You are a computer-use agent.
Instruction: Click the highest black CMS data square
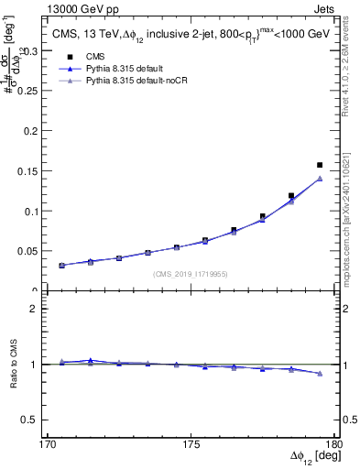pyautogui.click(x=320, y=165)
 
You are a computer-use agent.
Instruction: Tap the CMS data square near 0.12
pyautogui.click(x=291, y=195)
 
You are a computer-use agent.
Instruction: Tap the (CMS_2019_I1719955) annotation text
pyautogui.click(x=191, y=273)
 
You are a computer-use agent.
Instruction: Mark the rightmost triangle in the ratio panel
pyautogui.click(x=320, y=374)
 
